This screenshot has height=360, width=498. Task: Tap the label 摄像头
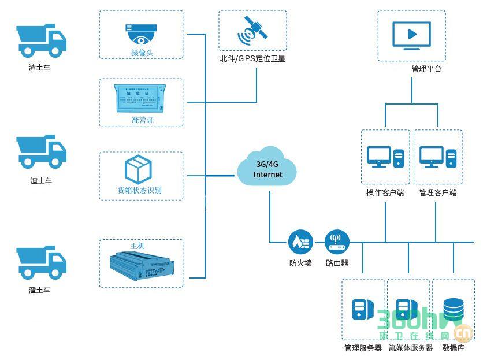point(142,53)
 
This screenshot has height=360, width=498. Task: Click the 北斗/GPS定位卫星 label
point(252,59)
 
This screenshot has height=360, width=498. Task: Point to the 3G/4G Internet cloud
point(267,169)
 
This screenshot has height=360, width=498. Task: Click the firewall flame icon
point(300,241)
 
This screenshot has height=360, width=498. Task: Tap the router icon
point(336,241)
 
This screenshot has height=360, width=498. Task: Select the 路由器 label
point(337,263)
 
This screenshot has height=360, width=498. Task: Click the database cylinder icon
point(453,309)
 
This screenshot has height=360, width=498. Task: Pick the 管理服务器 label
point(363,348)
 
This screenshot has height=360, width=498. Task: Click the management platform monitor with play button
point(411,34)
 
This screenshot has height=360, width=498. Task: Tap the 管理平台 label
point(426,69)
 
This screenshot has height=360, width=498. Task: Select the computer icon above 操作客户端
point(385,157)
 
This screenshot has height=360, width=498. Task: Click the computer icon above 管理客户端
point(437,157)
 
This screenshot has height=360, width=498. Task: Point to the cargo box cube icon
point(139,169)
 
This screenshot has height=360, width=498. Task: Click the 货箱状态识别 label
point(140,191)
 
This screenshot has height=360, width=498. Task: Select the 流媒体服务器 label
point(410,348)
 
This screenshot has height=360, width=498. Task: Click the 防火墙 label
point(300,263)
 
